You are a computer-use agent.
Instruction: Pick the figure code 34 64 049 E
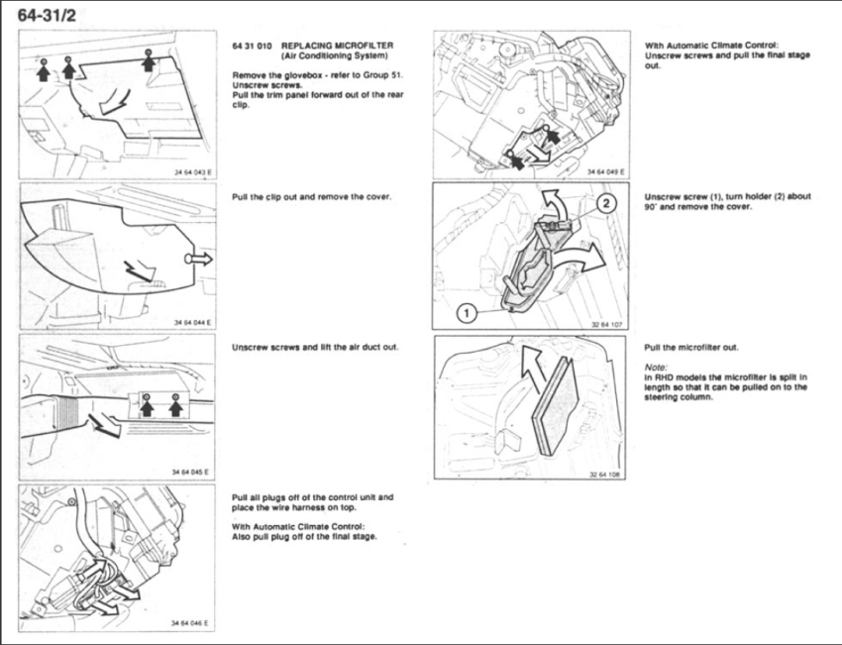[x=605, y=171]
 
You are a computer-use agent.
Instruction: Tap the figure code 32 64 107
[x=607, y=322]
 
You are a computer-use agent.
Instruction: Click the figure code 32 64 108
[x=607, y=474]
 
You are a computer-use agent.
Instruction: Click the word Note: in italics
[x=656, y=364]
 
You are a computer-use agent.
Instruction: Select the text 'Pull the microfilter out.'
[x=691, y=347]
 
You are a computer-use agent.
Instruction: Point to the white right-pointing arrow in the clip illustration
[x=198, y=258]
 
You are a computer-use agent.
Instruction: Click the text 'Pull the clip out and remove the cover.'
[x=312, y=197]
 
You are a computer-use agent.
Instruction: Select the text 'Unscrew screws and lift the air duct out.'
[x=315, y=348]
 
